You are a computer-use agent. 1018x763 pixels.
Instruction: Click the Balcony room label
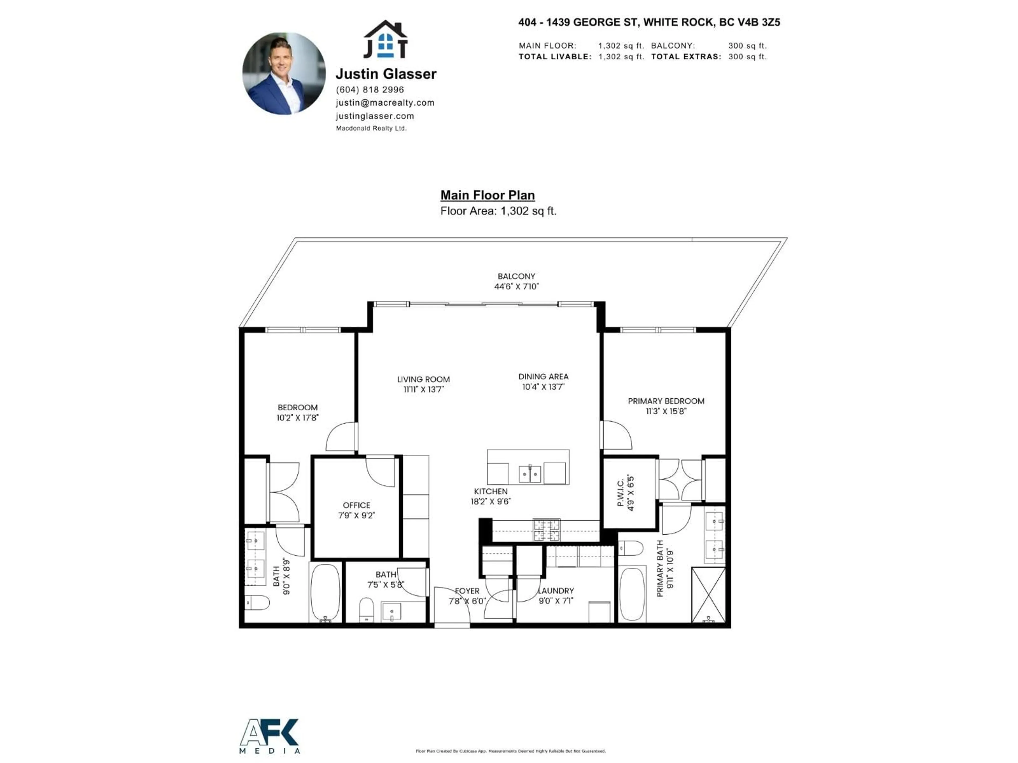(x=516, y=276)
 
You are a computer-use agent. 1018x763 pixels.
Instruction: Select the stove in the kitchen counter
(x=546, y=530)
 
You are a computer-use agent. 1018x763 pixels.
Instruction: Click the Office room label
(x=356, y=505)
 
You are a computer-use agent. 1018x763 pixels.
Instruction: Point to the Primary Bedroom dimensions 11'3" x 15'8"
(x=666, y=411)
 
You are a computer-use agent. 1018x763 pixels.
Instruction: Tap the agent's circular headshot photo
(x=284, y=74)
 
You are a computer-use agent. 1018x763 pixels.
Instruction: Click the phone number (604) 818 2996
(x=370, y=90)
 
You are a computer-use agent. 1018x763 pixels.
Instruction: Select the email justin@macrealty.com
(x=385, y=103)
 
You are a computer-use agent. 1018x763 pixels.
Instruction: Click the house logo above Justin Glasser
(x=386, y=40)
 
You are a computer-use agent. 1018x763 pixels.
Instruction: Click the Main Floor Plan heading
(x=487, y=195)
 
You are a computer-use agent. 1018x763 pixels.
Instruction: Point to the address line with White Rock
(x=649, y=22)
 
